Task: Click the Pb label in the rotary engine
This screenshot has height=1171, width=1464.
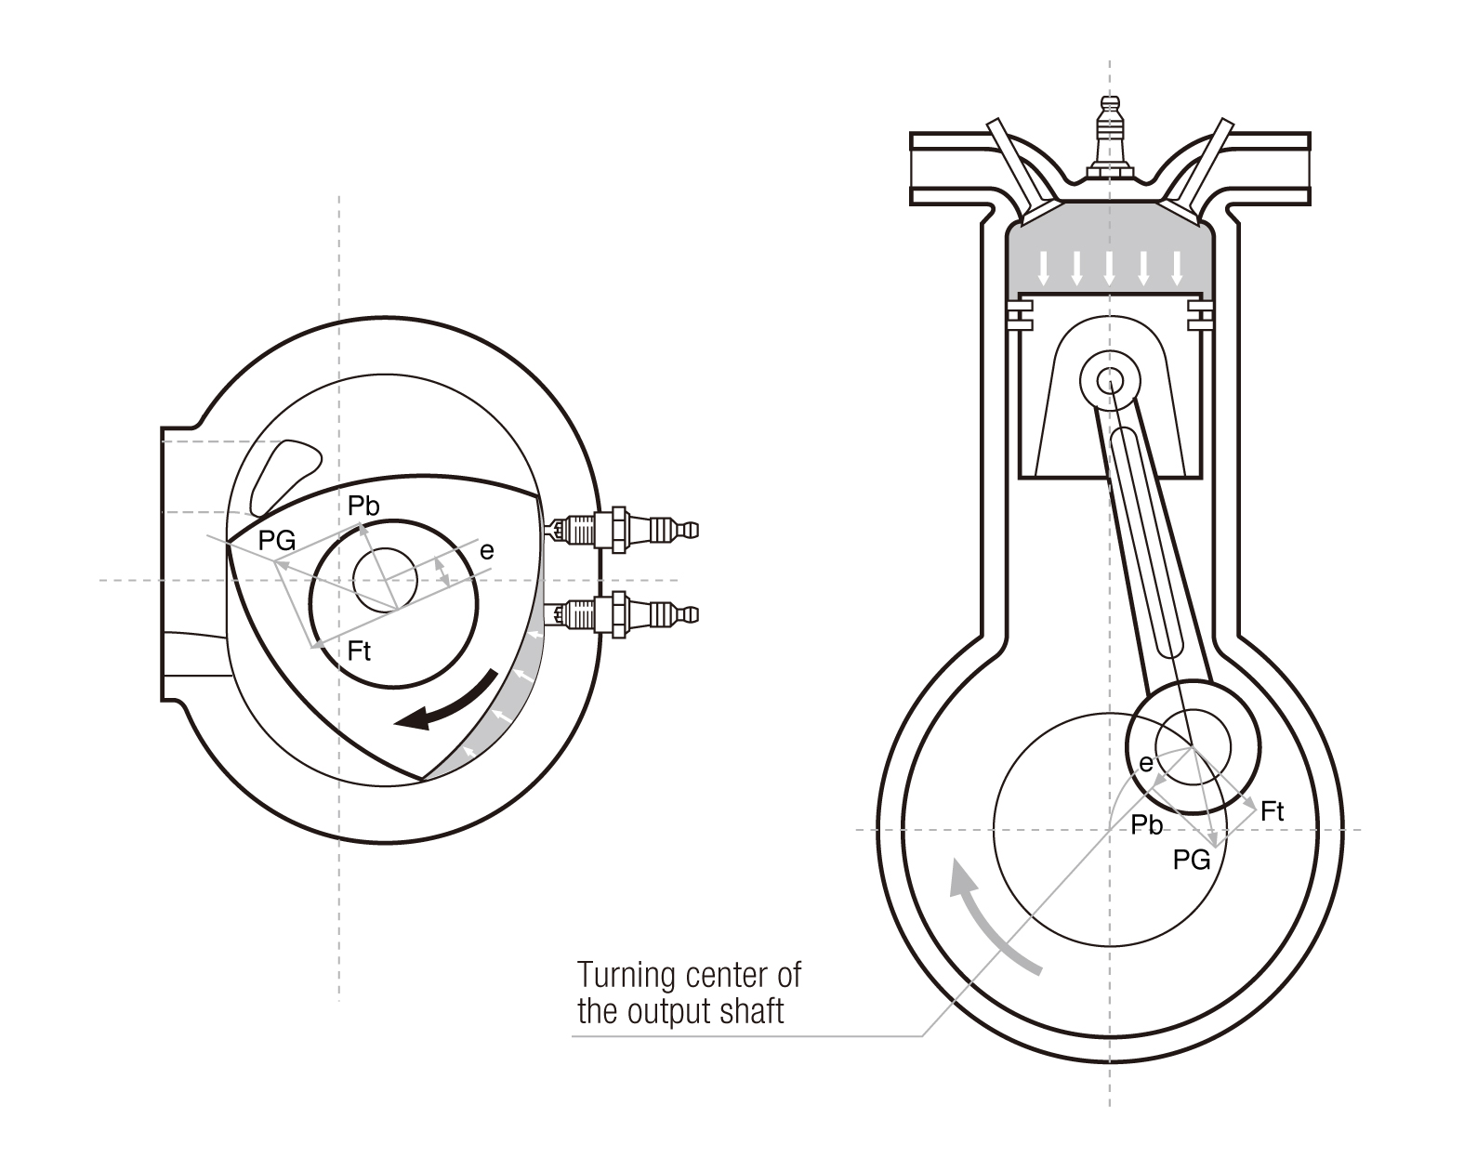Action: point(363,507)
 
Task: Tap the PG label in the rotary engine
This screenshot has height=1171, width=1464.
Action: point(277,540)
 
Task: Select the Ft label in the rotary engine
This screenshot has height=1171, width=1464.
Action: point(359,651)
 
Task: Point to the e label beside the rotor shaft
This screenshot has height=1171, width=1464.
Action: point(486,551)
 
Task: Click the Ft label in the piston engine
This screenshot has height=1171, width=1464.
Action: point(1273,811)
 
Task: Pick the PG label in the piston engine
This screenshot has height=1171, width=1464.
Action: point(1192,860)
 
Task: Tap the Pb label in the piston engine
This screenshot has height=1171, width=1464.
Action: point(1147,825)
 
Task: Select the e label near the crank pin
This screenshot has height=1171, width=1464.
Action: point(1146,763)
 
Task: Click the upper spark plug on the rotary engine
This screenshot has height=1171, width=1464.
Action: point(623,531)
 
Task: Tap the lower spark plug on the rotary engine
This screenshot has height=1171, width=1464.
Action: point(623,614)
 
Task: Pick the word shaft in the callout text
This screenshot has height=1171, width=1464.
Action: point(752,1011)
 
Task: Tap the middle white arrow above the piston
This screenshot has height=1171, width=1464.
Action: point(1109,267)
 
